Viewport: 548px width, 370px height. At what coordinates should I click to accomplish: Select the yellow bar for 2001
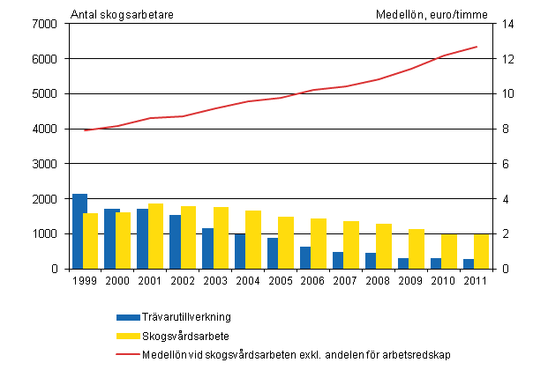[x=155, y=236]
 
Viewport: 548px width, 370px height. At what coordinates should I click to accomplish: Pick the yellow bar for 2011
[x=481, y=251]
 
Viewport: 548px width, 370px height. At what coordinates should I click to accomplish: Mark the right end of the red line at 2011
[x=477, y=47]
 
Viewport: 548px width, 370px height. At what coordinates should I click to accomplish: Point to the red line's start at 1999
[x=86, y=130]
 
